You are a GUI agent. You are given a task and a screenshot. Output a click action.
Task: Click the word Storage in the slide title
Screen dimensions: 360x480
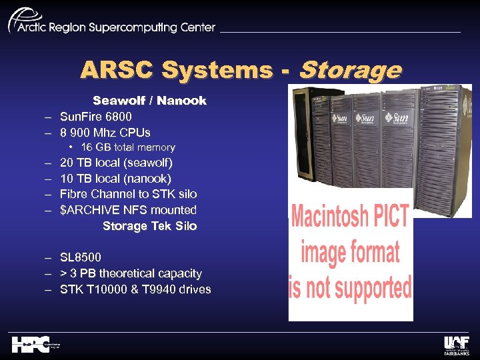click(x=351, y=70)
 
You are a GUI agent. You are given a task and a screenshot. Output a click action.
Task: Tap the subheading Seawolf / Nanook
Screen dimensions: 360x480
click(x=149, y=101)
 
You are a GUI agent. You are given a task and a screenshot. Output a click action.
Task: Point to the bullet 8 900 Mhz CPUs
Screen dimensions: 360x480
click(x=105, y=132)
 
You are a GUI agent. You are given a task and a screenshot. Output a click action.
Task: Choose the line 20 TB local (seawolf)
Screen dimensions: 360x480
click(x=116, y=163)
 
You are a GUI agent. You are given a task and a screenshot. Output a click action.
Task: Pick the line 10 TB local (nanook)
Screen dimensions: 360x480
click(x=115, y=179)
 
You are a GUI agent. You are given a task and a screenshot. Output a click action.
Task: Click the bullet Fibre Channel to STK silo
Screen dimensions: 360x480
click(x=128, y=194)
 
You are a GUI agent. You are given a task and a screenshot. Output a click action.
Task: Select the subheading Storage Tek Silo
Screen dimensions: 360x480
click(x=149, y=226)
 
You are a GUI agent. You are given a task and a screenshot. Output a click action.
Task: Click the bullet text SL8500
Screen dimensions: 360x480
click(x=81, y=257)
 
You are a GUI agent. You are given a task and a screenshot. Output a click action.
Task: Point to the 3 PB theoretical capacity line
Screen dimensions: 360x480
click(x=131, y=273)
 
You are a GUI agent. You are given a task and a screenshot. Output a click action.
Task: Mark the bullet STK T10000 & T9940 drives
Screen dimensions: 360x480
click(x=135, y=289)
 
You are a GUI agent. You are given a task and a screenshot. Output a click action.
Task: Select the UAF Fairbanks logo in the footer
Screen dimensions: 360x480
click(x=457, y=344)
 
